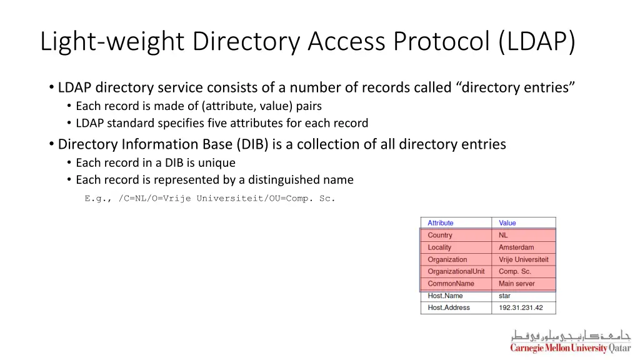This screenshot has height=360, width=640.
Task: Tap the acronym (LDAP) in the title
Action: (537, 41)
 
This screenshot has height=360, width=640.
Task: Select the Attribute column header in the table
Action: (441, 223)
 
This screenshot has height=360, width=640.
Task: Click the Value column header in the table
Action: (507, 223)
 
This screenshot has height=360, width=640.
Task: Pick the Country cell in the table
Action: (440, 236)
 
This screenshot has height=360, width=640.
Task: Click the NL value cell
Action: (503, 236)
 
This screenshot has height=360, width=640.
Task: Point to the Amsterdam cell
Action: (516, 247)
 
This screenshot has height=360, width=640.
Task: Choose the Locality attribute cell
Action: (439, 247)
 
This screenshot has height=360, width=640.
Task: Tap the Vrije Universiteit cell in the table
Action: (524, 259)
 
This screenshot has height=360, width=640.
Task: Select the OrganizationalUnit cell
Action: (456, 271)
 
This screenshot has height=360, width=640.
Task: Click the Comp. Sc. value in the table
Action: (515, 271)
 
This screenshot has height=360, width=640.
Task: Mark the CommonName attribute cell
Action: (451, 284)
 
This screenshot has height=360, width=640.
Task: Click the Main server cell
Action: (517, 284)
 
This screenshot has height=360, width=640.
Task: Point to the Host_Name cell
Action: (445, 296)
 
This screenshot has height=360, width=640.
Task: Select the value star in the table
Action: (504, 296)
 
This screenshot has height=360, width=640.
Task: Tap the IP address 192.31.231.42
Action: (521, 307)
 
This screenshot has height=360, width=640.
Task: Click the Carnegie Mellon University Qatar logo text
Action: (570, 348)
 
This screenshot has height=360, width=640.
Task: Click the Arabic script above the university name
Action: (571, 335)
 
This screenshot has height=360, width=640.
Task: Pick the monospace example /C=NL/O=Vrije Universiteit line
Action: (210, 199)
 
